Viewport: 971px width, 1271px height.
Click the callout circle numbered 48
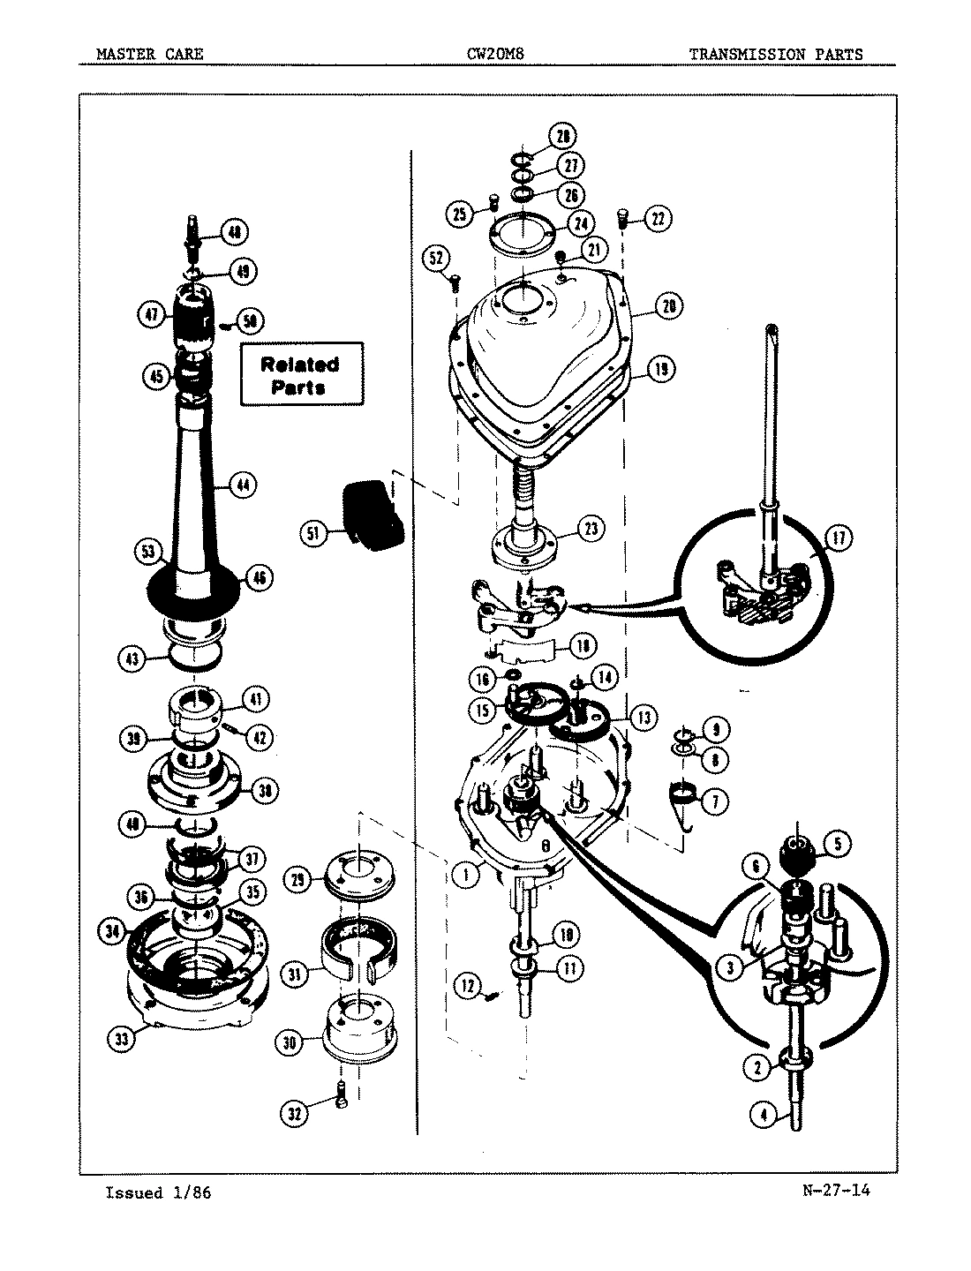[233, 232]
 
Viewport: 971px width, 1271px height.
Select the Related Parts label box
[301, 374]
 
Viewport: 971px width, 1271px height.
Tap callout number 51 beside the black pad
[312, 532]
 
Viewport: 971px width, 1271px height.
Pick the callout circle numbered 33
[122, 1039]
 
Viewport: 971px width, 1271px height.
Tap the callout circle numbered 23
[590, 529]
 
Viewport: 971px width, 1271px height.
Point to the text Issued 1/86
[158, 1193]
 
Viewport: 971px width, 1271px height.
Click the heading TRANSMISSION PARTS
[775, 54]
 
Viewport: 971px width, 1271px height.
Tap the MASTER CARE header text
[150, 54]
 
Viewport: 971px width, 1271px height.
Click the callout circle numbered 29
[297, 880]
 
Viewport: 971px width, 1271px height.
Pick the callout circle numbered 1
[465, 875]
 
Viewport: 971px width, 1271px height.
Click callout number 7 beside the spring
[713, 801]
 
